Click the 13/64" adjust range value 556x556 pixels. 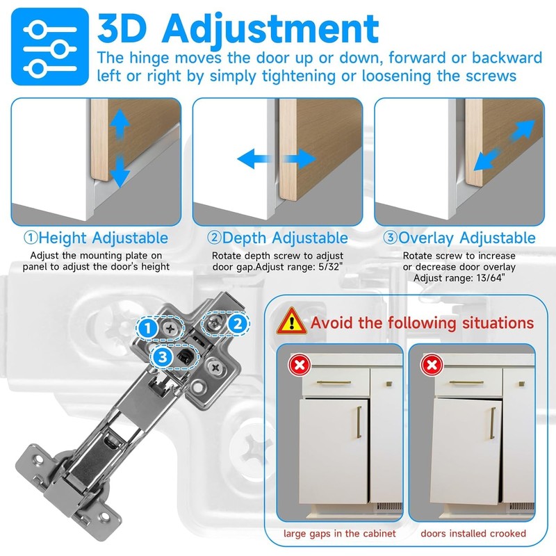click(489, 278)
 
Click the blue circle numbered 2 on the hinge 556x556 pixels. click(237, 323)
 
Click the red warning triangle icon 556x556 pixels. click(293, 322)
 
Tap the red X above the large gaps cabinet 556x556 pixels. click(300, 364)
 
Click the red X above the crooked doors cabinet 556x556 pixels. click(432, 364)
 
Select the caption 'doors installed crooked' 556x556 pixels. click(472, 534)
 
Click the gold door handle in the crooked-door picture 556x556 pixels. click(492, 422)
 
